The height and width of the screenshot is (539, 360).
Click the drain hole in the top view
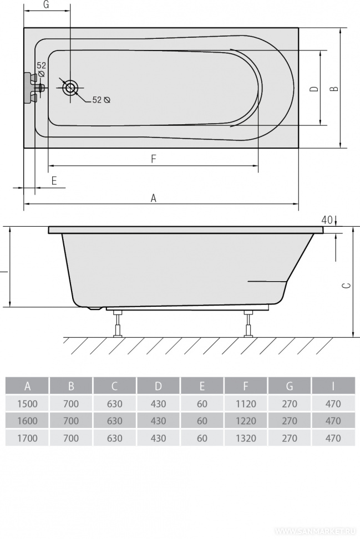pyautogui.click(x=70, y=88)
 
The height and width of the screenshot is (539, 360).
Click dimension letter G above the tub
pyautogui.click(x=47, y=5)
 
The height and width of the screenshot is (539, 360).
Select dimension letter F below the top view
pyautogui.click(x=154, y=159)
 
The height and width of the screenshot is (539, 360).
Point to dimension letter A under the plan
pyautogui.click(x=153, y=198)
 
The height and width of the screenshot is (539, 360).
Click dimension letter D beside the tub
pyautogui.click(x=314, y=89)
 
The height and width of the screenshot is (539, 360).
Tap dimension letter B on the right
pyautogui.click(x=334, y=89)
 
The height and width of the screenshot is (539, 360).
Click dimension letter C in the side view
pyautogui.click(x=348, y=285)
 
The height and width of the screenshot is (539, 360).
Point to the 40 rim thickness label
pyautogui.click(x=328, y=220)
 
